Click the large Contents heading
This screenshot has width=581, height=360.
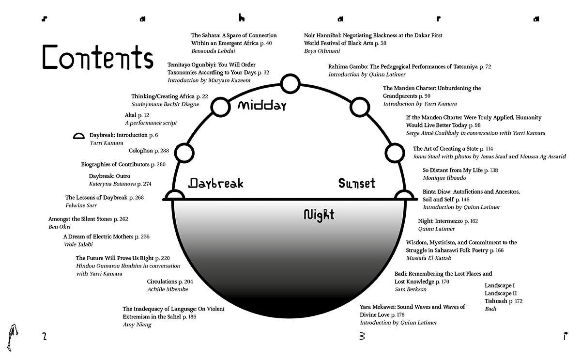(97, 58)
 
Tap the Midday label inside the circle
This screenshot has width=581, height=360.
(262, 105)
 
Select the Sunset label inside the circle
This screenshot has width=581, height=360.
(356, 183)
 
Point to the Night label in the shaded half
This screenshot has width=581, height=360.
(319, 214)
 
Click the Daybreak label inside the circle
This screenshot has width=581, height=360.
(215, 183)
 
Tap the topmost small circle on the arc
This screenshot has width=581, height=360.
(290, 84)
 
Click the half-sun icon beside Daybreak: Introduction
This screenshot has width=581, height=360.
(78, 136)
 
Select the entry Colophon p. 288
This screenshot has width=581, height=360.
(149, 151)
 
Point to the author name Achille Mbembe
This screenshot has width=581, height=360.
(167, 289)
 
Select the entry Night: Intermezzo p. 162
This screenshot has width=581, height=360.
(448, 221)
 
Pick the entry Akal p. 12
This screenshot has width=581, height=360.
(137, 115)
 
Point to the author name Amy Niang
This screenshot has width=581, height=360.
(137, 324)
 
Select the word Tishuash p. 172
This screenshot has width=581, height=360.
(504, 301)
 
